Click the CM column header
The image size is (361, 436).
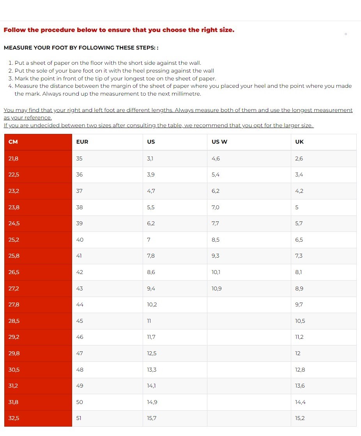(13, 142)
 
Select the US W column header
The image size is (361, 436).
(219, 142)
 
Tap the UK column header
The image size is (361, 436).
(299, 142)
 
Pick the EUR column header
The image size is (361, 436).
(82, 142)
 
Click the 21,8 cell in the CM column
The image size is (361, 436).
(14, 158)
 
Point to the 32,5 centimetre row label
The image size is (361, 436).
(14, 418)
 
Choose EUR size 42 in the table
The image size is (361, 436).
(80, 272)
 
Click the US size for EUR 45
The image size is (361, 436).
(149, 321)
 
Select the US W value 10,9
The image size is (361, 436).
(217, 288)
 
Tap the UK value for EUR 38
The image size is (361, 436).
(297, 207)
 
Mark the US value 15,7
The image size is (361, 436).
(152, 418)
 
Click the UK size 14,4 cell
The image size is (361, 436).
(300, 402)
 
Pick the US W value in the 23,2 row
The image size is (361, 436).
(216, 191)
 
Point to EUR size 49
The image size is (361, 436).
(80, 386)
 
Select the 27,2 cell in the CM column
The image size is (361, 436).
(14, 288)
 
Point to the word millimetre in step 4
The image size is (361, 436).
(187, 94)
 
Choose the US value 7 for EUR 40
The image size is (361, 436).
(149, 240)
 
